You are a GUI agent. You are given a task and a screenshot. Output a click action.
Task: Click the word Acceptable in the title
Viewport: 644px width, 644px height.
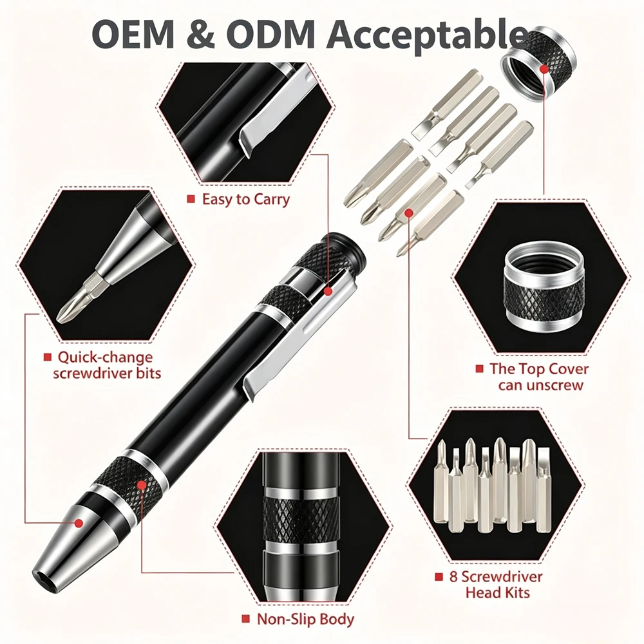pyautogui.click(x=427, y=35)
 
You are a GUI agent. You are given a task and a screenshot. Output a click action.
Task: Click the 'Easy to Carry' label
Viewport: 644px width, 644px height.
pyautogui.click(x=245, y=200)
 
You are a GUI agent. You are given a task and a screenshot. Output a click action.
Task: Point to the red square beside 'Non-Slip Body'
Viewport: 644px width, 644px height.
pyautogui.click(x=245, y=619)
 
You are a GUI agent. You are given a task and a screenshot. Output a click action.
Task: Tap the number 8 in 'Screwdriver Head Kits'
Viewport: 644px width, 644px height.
pyautogui.click(x=453, y=576)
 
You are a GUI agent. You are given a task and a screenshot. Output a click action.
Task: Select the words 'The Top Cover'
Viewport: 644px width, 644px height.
pyautogui.click(x=539, y=369)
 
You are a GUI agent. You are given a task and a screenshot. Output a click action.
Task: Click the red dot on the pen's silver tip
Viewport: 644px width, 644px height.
pyautogui.click(x=79, y=523)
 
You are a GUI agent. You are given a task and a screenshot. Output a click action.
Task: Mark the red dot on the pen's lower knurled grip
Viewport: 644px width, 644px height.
pyautogui.click(x=142, y=486)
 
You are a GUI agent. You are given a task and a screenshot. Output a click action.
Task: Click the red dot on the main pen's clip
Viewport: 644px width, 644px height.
pyautogui.click(x=328, y=292)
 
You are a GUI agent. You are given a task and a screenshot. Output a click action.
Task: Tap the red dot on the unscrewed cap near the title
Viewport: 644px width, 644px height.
pyautogui.click(x=544, y=69)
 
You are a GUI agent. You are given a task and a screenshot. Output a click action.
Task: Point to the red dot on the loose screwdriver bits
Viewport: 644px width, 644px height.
pyautogui.click(x=409, y=213)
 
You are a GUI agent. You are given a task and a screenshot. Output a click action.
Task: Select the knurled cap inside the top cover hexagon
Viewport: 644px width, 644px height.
pyautogui.click(x=543, y=285)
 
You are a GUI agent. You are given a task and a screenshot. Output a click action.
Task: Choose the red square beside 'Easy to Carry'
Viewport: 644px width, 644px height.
pyautogui.click(x=191, y=199)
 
